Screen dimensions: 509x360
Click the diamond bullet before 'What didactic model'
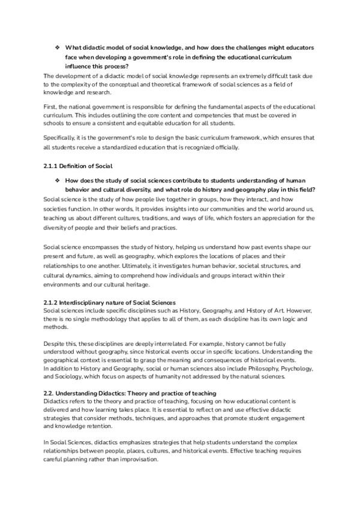[57, 47]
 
